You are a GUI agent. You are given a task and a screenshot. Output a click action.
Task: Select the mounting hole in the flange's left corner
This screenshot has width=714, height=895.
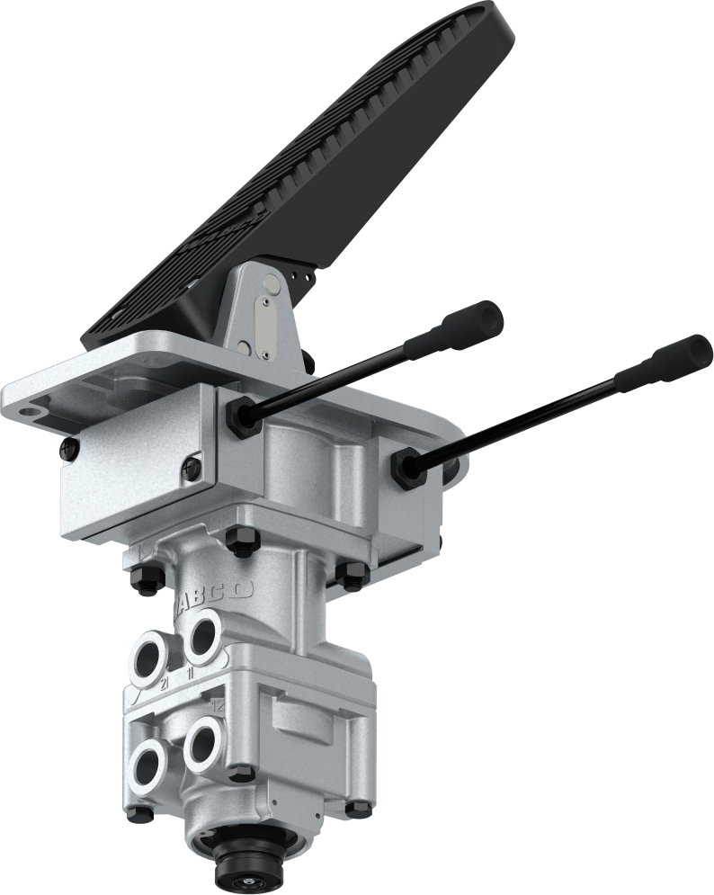33,410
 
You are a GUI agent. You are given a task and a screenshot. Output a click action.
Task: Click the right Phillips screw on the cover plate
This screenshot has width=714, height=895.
192,466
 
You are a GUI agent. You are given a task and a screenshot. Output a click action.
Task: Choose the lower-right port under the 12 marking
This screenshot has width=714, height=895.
203,743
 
